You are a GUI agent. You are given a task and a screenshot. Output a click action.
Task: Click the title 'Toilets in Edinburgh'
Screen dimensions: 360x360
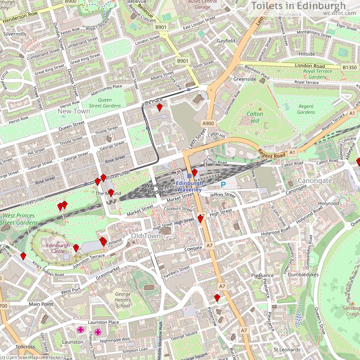[298, 6]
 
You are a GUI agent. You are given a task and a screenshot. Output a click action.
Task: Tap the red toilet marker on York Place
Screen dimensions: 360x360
[159, 107]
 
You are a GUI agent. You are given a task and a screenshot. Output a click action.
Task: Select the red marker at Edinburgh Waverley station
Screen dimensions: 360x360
[194, 172]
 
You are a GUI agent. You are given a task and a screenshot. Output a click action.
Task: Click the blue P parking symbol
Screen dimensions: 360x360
[223, 184]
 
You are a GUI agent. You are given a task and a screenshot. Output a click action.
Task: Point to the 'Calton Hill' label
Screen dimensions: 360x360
[255, 117]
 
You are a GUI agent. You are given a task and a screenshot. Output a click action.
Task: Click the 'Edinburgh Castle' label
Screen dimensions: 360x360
[58, 248]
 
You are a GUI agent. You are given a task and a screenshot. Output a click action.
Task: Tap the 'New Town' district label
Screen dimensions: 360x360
[73, 111]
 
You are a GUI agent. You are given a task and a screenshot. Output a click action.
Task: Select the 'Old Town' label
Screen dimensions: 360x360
[146, 236]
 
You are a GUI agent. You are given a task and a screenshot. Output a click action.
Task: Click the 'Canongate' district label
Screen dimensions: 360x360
[315, 181]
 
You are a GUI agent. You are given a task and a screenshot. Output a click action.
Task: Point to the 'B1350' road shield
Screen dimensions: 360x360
[349, 68]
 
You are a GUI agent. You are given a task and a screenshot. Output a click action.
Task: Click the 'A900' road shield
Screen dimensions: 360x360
[208, 123]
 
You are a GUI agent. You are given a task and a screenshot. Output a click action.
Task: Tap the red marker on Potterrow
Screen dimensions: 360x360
[217, 298]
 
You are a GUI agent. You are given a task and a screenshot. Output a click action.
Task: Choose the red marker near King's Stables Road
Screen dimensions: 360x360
[23, 256]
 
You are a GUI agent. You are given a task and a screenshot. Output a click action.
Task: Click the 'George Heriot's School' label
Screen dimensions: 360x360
[123, 300]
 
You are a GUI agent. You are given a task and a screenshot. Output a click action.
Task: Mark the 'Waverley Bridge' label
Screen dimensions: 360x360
[155, 189]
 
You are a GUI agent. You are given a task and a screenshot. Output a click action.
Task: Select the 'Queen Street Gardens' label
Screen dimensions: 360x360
[105, 103]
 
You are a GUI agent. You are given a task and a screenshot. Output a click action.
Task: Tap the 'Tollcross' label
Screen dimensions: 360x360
[24, 347]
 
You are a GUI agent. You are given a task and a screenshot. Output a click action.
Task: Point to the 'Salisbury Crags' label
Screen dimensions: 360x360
[352, 311]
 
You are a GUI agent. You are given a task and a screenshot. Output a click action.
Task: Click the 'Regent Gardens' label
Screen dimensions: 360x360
[306, 109]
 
